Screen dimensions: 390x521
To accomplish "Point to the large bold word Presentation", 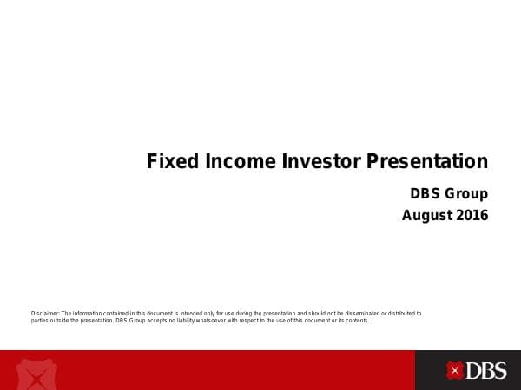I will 427,162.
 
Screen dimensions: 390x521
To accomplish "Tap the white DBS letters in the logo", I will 486,371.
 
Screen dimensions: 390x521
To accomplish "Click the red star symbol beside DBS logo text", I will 454,371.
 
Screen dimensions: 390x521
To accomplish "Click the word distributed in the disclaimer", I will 393,313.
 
